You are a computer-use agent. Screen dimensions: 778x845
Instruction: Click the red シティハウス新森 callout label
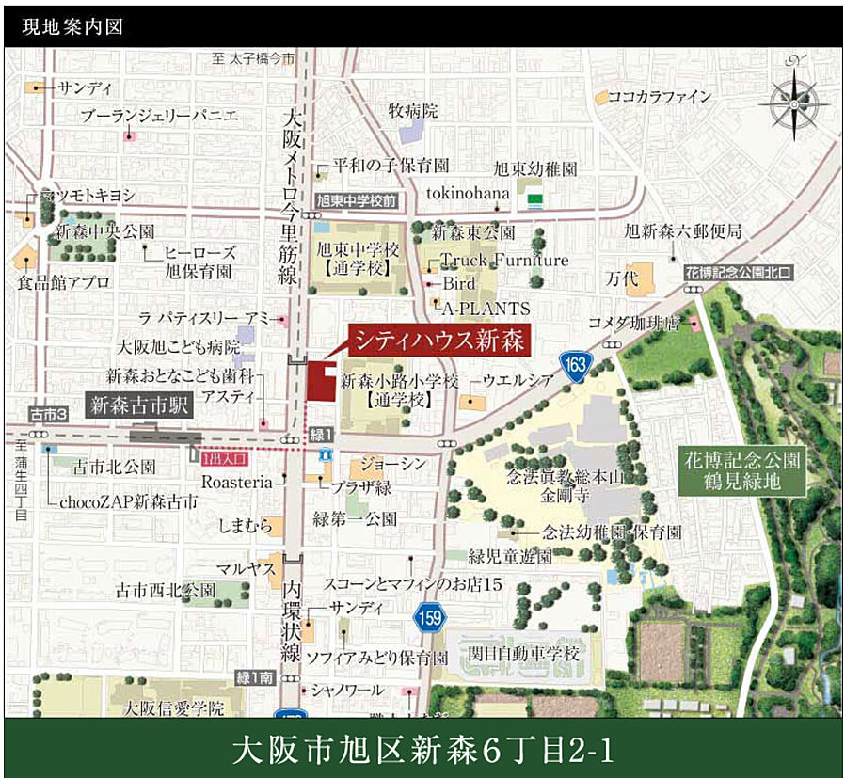pos(438,339)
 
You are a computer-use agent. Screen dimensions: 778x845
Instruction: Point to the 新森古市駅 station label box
pos(140,407)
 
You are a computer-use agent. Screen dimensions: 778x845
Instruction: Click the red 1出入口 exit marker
pos(223,458)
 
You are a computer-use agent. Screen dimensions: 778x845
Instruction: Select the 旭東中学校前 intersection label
pos(357,200)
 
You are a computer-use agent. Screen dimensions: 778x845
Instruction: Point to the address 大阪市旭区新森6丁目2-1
pos(422,750)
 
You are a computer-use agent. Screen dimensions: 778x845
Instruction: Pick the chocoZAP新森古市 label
pos(129,501)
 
